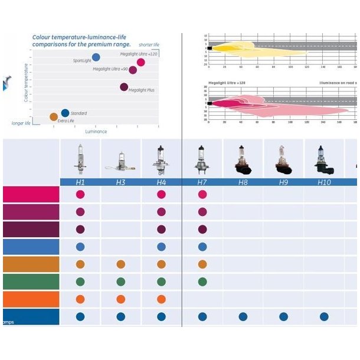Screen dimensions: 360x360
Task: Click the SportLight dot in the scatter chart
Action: (96, 57)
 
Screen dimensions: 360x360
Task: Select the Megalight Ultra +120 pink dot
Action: (141, 63)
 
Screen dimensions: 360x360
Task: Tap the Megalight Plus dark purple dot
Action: (124, 87)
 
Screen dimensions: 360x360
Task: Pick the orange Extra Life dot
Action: (54, 117)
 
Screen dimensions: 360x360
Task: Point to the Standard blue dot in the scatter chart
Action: (65, 113)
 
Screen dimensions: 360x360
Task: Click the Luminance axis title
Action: (96, 131)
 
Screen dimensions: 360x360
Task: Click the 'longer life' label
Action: (21, 123)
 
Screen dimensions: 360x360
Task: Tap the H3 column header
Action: (120, 182)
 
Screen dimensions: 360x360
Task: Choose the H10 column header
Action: (324, 182)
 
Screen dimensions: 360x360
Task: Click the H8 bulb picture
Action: (243, 160)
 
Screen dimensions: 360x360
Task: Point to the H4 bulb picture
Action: (161, 160)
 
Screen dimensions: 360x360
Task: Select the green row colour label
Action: (31, 282)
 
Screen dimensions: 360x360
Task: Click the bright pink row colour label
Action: (31, 194)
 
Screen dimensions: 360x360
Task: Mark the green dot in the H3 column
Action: (120, 282)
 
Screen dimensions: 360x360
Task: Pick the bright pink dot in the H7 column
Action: (202, 194)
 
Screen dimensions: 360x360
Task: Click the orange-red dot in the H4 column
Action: (161, 299)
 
